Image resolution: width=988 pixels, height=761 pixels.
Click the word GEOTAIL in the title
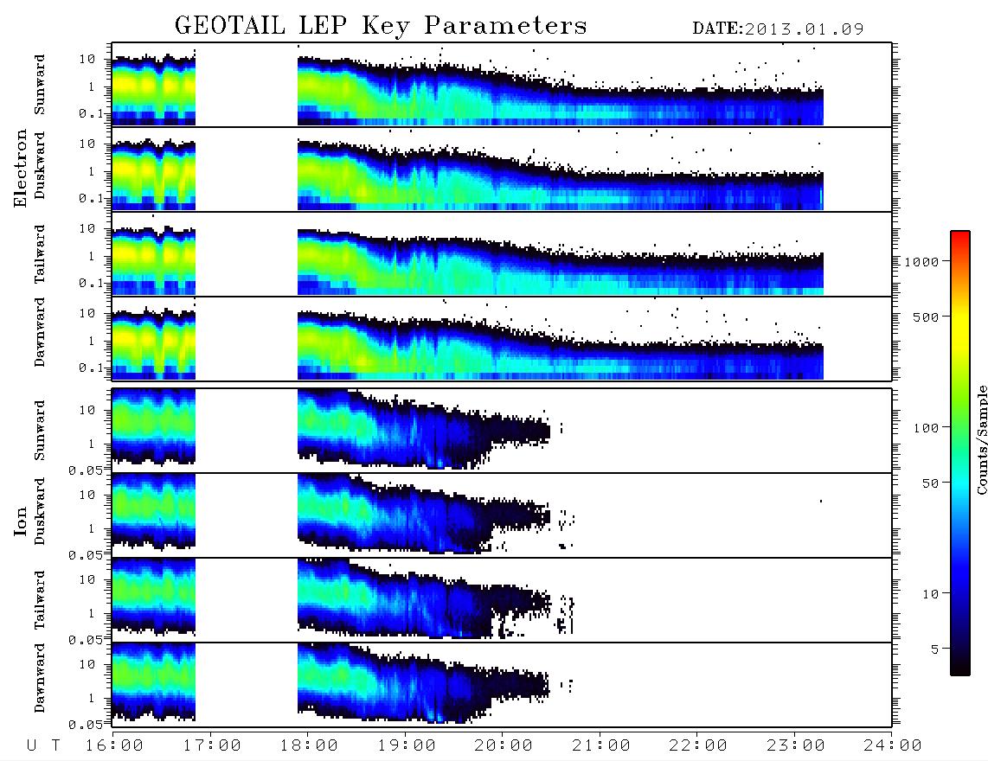229,25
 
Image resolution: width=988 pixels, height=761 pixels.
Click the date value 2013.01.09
804,29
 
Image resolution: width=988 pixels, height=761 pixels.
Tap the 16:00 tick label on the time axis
115,745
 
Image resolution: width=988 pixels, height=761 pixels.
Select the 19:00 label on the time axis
407,745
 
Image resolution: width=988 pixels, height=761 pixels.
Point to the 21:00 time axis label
602,745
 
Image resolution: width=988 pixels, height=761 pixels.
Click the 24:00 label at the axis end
894,745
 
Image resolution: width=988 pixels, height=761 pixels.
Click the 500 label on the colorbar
927,317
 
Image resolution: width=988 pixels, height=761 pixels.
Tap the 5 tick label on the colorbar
935,649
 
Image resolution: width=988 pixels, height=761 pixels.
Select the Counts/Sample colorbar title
981,439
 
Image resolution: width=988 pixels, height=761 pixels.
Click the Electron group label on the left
21,168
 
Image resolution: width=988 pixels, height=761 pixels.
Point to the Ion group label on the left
21,521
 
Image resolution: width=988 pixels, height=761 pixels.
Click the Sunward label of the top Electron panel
40,85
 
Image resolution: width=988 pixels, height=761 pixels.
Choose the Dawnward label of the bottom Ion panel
40,678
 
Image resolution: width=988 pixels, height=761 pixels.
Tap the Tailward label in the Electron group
40,254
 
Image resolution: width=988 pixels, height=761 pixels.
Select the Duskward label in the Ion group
40,511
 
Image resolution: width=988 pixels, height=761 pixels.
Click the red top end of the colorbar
960,233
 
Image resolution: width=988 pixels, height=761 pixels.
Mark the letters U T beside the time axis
43,745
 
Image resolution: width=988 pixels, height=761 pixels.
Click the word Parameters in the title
505,25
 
